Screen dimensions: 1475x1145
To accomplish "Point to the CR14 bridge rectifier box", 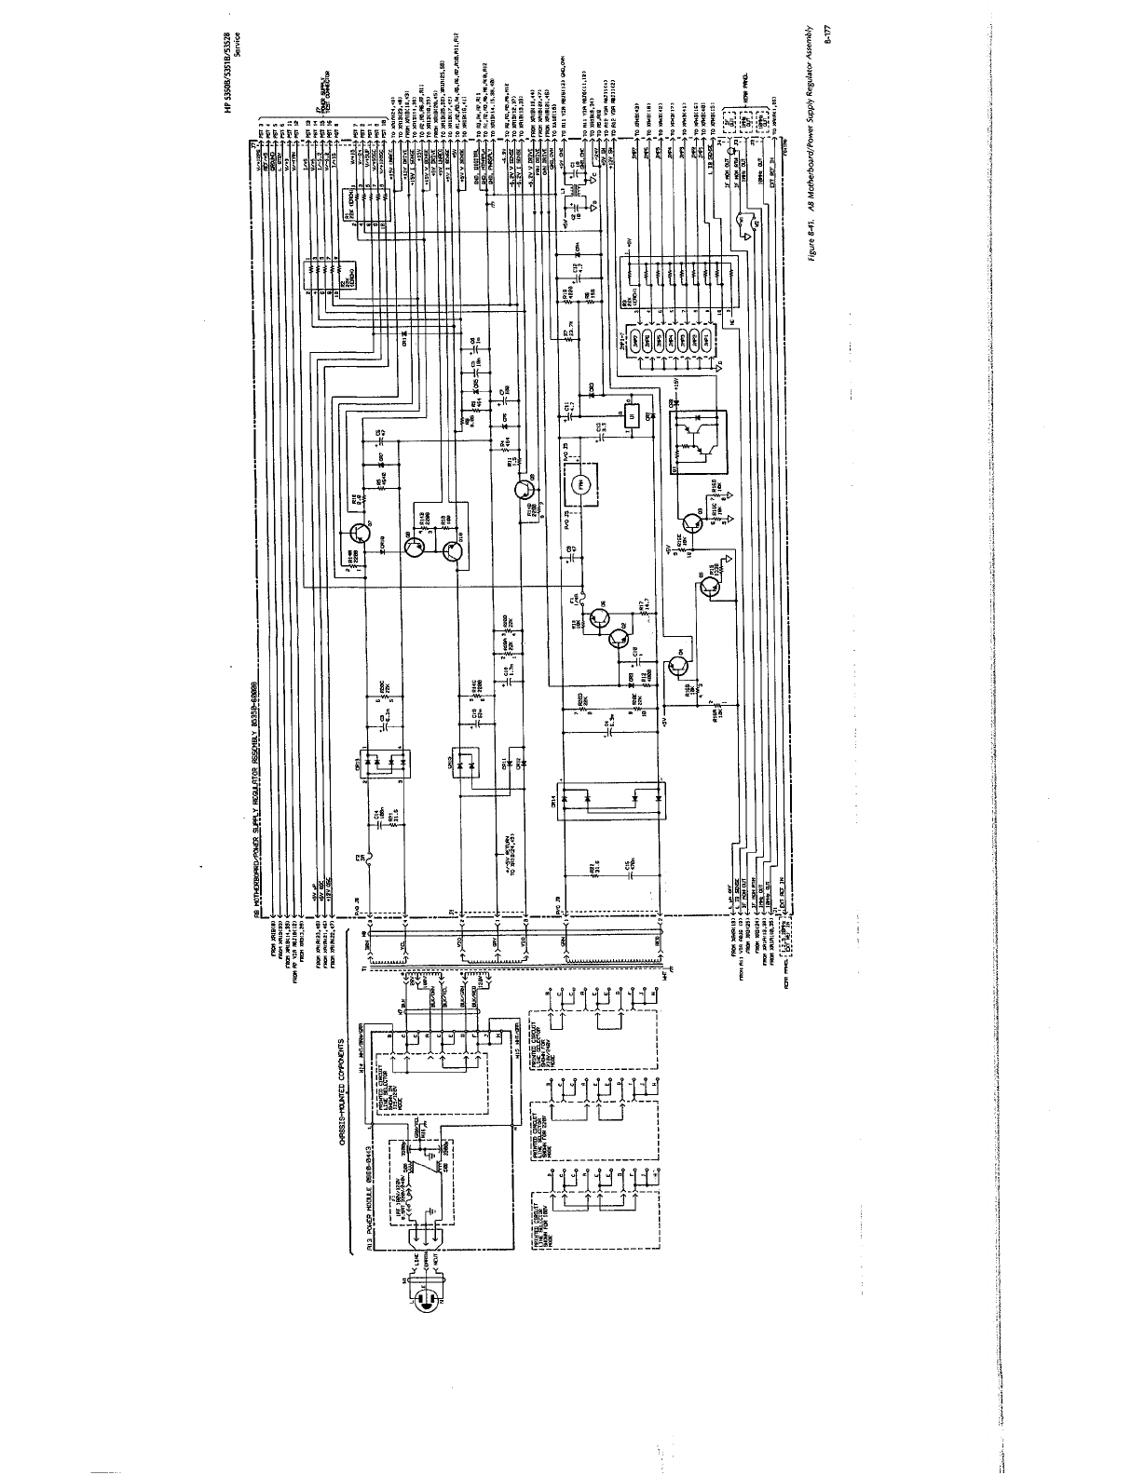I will [607, 798].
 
